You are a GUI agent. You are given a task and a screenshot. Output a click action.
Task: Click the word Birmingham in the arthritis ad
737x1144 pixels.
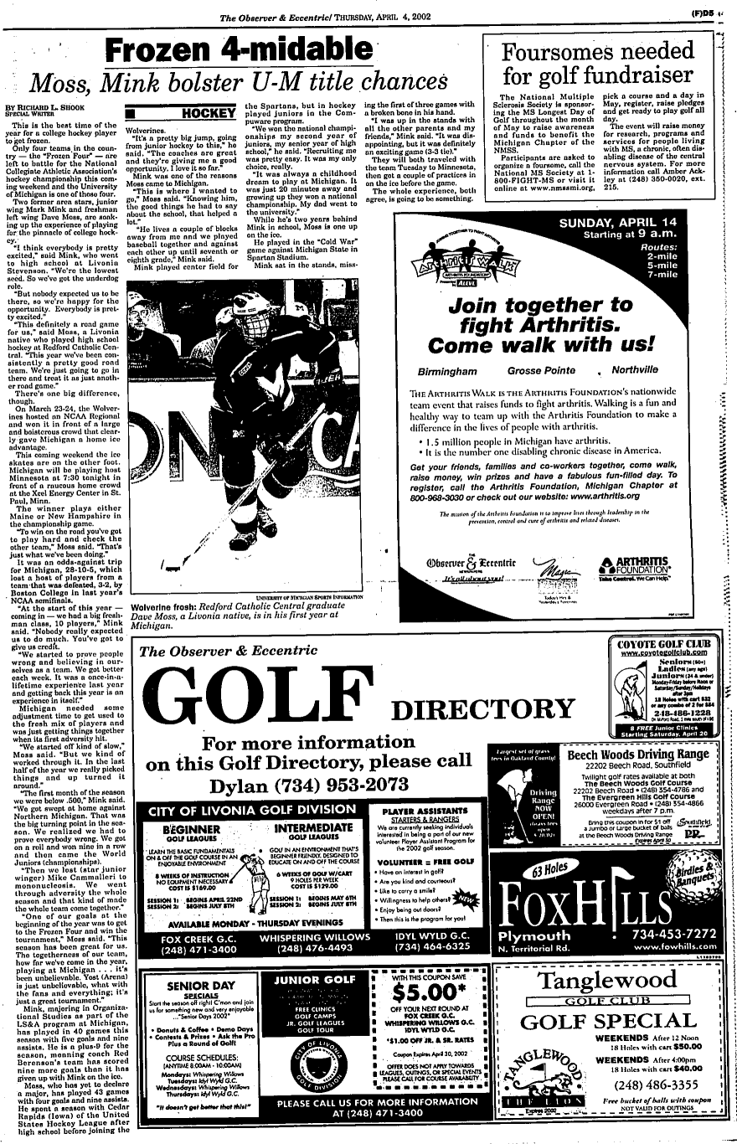(x=451, y=370)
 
